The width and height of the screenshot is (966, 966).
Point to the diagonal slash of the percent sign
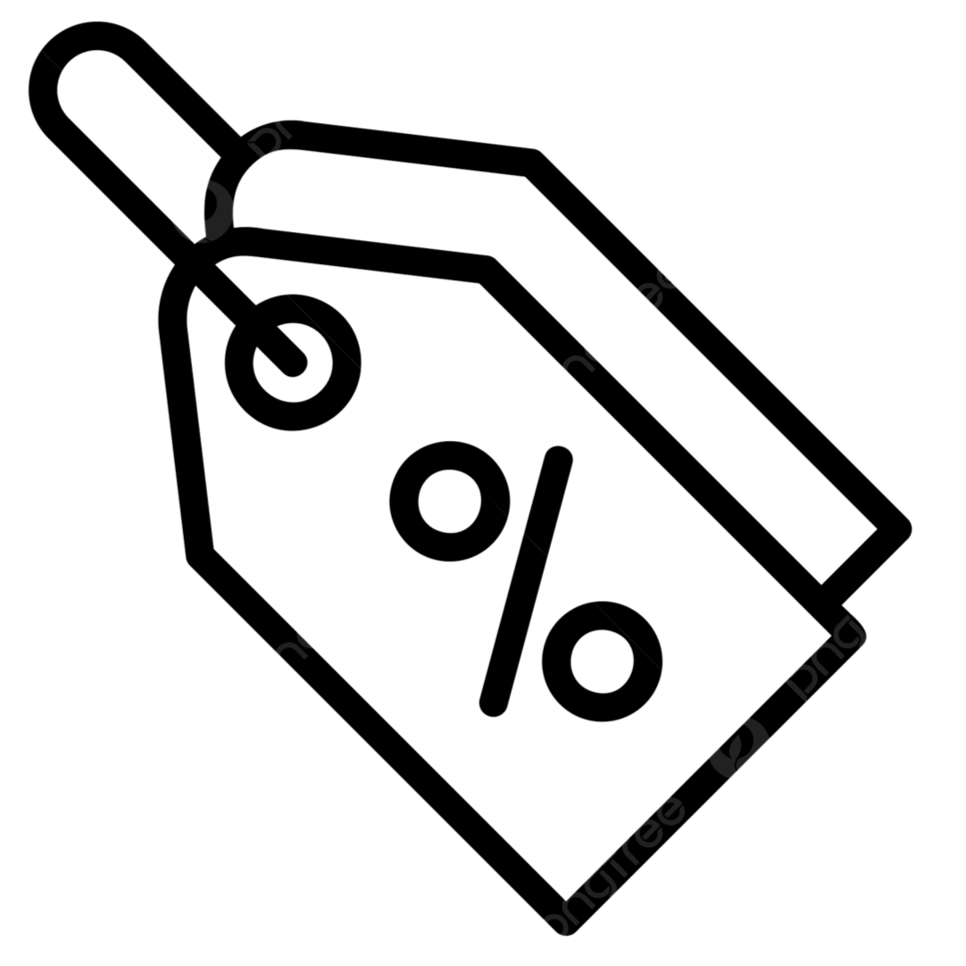525,580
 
